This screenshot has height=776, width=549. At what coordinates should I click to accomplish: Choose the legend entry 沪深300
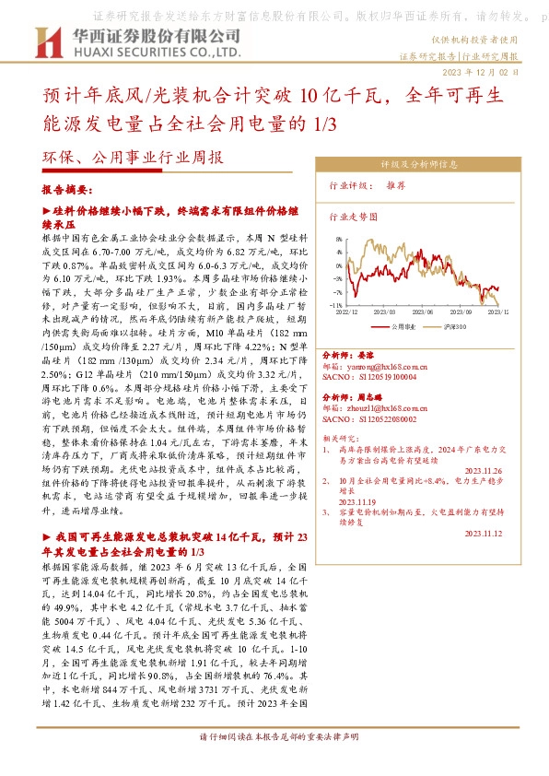pyautogui.click(x=453, y=325)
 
